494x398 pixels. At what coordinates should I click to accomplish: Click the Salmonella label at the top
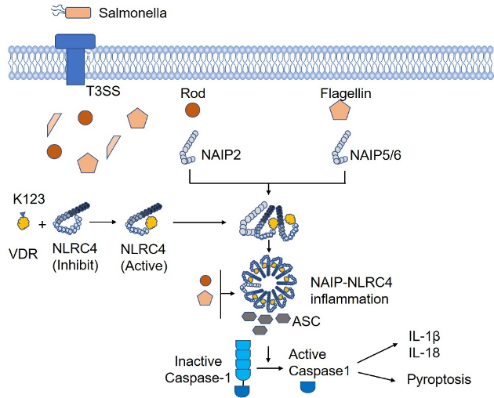pyautogui.click(x=133, y=13)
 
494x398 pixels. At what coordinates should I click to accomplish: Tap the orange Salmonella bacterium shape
pyautogui.click(x=79, y=13)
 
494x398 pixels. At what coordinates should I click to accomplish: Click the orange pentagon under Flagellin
pyautogui.click(x=339, y=110)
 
